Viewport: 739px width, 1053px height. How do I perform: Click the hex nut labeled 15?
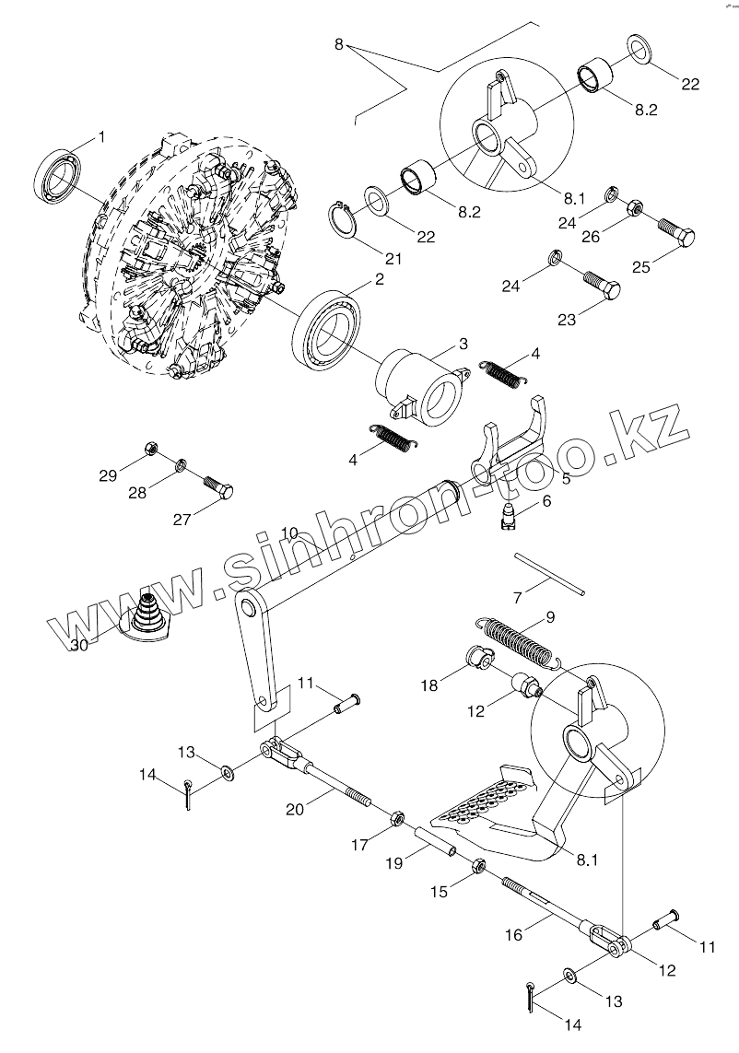coord(478,866)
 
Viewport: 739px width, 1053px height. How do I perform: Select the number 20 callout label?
coord(296,808)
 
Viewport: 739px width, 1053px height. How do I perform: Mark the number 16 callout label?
coord(513,934)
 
